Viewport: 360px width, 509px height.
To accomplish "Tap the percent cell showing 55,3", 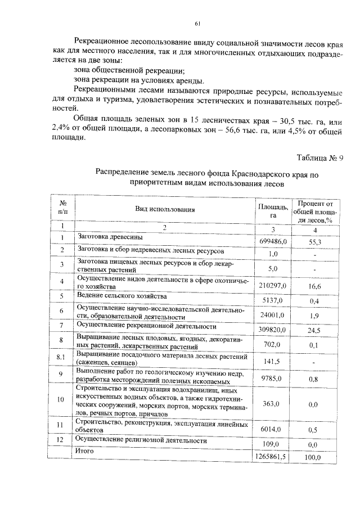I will tap(315, 241).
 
